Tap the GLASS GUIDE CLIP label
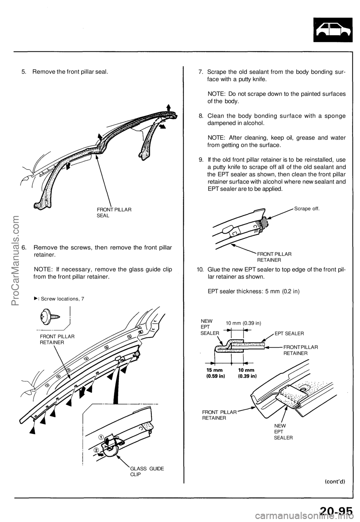coord(147,471)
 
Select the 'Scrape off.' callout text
coord(307,208)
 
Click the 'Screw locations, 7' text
coord(62,298)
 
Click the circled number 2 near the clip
coord(96,450)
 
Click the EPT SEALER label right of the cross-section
coord(289,333)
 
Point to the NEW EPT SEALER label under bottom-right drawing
coord(283,432)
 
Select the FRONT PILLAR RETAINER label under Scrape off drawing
coord(274,256)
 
